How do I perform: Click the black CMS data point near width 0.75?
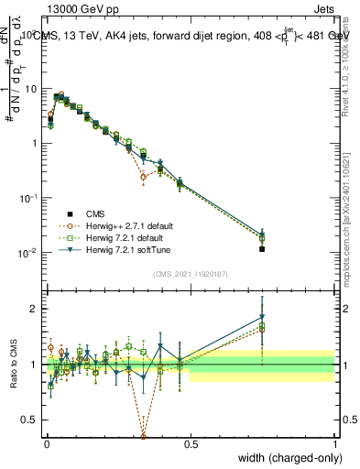[x=262, y=248]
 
